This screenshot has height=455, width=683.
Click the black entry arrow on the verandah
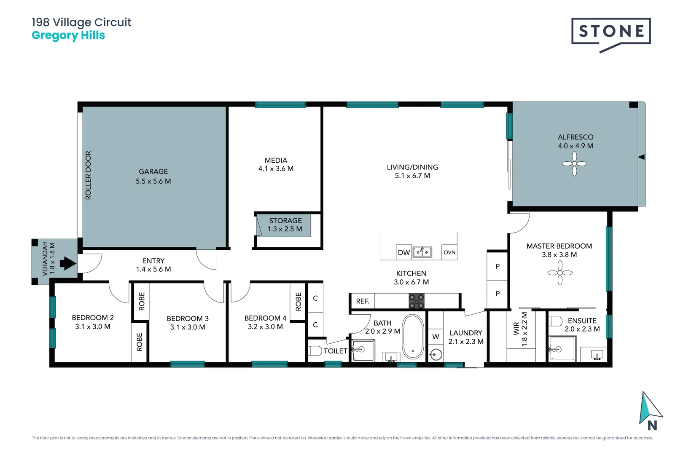coord(67,264)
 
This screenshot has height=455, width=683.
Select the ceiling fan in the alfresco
coord(574,163)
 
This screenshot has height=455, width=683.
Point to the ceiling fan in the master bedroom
coord(560,273)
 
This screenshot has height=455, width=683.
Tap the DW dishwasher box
coord(404,252)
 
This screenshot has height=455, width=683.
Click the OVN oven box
coord(449,252)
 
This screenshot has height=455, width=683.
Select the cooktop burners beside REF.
coord(417,301)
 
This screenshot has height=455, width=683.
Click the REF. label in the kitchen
coord(362,301)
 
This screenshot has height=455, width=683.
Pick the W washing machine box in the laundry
coord(436,337)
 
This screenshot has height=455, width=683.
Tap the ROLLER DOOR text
coord(88,175)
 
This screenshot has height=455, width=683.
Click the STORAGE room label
coord(285,221)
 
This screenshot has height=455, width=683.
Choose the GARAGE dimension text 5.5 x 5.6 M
coord(153,181)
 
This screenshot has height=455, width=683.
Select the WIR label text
coord(516,329)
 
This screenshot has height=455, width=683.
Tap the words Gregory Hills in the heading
coord(68,35)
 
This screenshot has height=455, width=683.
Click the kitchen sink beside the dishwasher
coord(422,252)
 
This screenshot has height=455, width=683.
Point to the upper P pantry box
coord(497,266)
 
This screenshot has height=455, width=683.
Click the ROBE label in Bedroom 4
coord(298,302)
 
